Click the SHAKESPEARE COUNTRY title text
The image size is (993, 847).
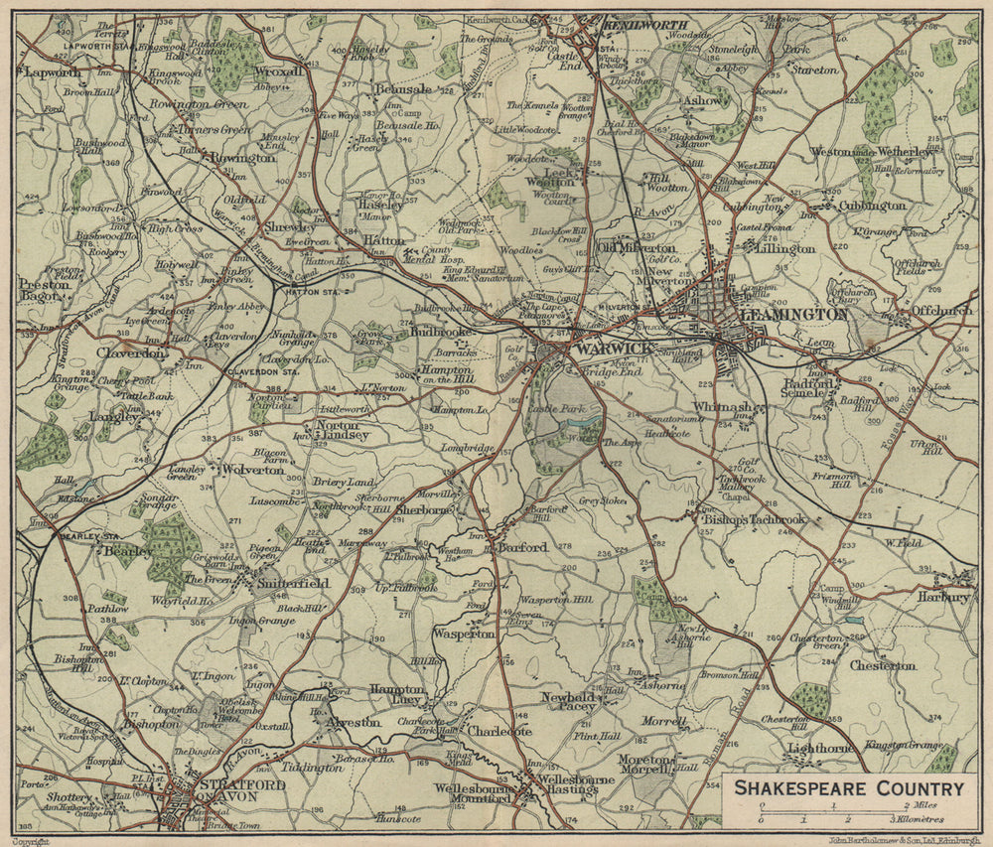click(x=849, y=788)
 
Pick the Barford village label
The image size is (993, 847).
click(x=521, y=547)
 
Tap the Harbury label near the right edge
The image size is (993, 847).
click(x=943, y=598)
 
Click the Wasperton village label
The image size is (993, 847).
click(x=463, y=634)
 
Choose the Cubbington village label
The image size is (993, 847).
click(x=872, y=206)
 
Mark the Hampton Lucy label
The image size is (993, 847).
click(x=397, y=695)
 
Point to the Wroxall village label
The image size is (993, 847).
click(x=277, y=72)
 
